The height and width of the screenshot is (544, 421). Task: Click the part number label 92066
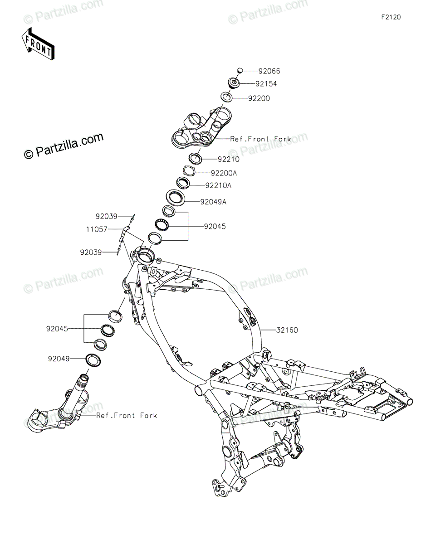269,71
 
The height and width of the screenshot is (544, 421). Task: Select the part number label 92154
279,84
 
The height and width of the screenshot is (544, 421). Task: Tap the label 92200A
224,173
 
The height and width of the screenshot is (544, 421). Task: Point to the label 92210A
219,185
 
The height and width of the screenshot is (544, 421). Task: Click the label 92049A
213,202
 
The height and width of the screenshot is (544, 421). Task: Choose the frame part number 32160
287,330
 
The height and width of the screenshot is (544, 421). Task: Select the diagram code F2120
391,17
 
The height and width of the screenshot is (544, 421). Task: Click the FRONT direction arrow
38,45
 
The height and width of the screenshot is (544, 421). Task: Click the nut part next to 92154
233,84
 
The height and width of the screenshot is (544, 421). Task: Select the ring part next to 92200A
189,171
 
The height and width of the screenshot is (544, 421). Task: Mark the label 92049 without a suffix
59,359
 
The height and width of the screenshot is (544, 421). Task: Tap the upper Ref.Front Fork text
260,139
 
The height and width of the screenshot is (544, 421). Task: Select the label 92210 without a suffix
229,160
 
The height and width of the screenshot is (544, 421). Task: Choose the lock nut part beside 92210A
183,183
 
